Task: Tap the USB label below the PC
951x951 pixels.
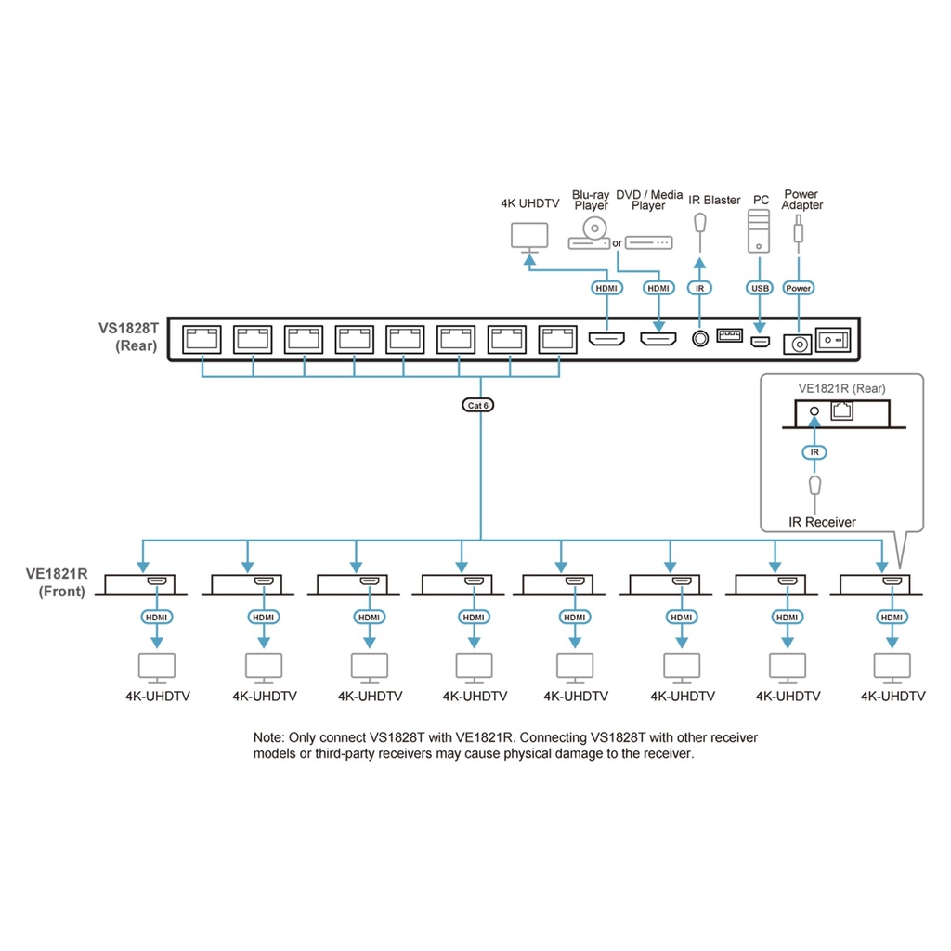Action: tap(760, 288)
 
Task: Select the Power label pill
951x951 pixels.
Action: tap(798, 288)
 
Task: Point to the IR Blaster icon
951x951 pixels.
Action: tap(701, 224)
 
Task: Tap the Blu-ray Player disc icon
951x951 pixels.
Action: tap(593, 228)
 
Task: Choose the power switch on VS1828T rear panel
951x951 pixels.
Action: tap(833, 340)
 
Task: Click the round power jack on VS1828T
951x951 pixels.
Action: tap(798, 344)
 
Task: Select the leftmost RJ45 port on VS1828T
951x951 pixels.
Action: tap(202, 338)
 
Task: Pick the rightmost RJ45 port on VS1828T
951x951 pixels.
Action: tap(558, 338)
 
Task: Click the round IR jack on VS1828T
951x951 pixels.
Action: tap(701, 340)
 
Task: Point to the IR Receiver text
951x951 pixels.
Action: tap(822, 522)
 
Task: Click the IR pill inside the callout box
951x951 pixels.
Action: tap(814, 451)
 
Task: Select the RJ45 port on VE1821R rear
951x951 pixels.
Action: tap(841, 411)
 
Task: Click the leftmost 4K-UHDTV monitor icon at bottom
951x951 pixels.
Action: tap(157, 667)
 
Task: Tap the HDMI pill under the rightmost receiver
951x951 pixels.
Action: tap(892, 617)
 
